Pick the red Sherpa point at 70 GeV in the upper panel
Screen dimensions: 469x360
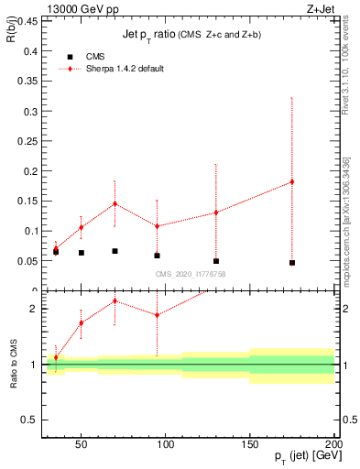point(115,203)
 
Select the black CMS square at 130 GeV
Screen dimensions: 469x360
point(216,261)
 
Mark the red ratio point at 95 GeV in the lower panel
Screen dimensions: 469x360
point(157,315)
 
